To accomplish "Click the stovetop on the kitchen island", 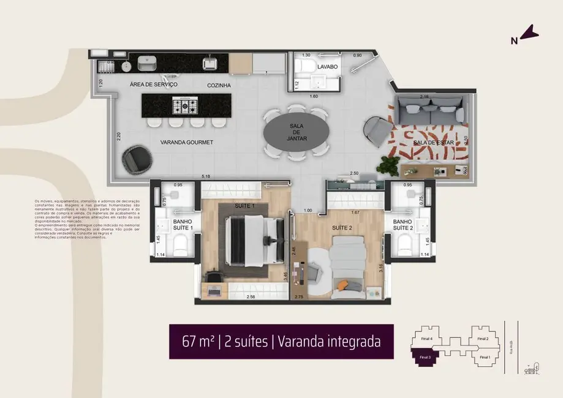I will pos(185,107).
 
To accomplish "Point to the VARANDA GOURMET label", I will pos(186,142).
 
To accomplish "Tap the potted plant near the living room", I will pos(388,164).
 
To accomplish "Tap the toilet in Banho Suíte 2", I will pos(404,245).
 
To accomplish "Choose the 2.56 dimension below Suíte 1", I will pos(250,297).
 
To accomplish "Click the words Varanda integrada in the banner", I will pos(329,341).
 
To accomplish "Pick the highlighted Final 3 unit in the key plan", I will pos(425,356).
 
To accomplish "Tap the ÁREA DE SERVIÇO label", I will pos(154,84).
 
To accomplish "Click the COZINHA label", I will pos(219,85).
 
